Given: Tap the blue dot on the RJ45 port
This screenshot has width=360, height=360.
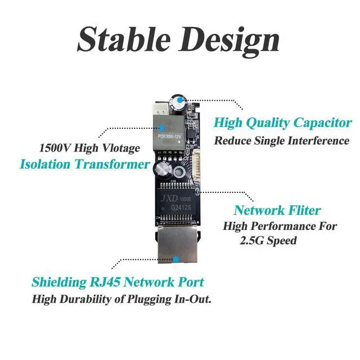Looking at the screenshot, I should (x=177, y=259).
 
